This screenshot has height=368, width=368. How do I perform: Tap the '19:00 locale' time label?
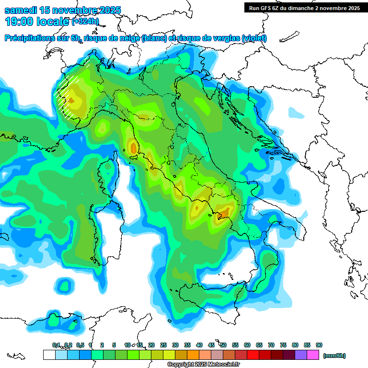(x=36, y=22)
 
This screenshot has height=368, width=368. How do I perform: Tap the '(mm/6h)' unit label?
(x=334, y=356)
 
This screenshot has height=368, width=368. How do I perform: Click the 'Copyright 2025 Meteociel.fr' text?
(x=207, y=365)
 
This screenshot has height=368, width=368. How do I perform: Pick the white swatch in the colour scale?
(x=49, y=355)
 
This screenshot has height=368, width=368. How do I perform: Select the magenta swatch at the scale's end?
(x=313, y=355)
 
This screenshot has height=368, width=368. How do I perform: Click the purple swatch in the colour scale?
(x=301, y=355)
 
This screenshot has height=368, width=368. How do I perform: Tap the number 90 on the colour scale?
(x=319, y=345)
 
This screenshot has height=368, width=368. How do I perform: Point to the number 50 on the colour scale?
(x=223, y=345)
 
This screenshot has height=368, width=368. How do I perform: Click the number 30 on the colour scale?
(x=175, y=345)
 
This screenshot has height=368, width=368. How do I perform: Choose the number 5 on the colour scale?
(x=114, y=345)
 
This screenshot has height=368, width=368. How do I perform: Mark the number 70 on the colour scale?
(x=271, y=345)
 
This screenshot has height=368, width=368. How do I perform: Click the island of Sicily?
(x=211, y=302)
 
